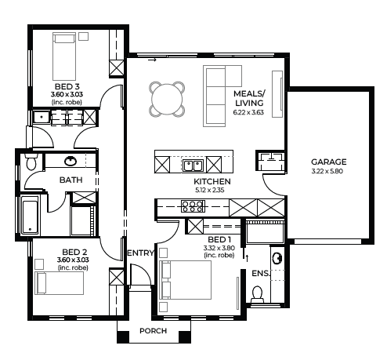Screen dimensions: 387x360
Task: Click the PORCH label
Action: coord(154,331)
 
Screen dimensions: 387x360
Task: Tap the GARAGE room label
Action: coord(329,162)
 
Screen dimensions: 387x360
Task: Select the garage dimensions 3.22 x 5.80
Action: coord(327,171)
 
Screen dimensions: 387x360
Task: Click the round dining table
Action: coord(167,99)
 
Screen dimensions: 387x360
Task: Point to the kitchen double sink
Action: coord(193,165)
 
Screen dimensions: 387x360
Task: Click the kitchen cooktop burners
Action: coord(193,206)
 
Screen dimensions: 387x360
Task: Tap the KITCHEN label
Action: coord(212,181)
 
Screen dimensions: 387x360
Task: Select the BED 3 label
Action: coord(67,86)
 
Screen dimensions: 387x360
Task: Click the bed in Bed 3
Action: coord(64,56)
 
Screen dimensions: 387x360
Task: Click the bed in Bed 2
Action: coord(60,283)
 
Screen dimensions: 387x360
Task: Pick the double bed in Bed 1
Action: coord(185,280)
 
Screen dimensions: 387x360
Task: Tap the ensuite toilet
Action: coord(257,294)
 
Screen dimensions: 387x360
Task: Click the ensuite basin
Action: coord(277,258)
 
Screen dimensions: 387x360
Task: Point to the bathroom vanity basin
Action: coord(71,161)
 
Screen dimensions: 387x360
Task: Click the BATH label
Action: coord(71,180)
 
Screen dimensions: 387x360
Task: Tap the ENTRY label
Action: coord(140,253)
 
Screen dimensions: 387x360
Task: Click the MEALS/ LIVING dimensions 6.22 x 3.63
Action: coord(248,112)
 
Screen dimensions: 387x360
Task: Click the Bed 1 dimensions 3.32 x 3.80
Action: coord(219,248)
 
